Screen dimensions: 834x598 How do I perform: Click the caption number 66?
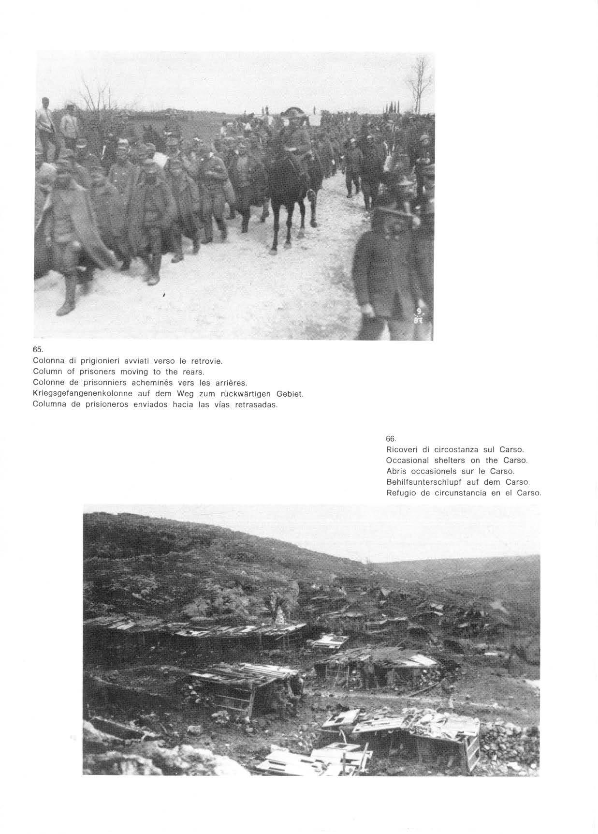pos(391,439)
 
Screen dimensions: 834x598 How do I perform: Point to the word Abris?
pos(396,471)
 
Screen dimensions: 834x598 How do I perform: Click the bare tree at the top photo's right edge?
pos(420,82)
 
